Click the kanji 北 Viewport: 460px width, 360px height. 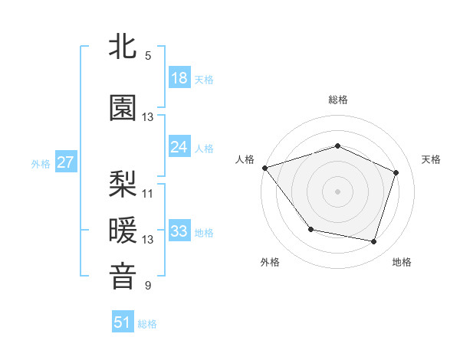(123, 47)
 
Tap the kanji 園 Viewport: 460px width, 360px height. (123, 108)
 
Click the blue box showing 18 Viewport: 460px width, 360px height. (179, 78)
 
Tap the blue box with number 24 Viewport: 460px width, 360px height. (179, 147)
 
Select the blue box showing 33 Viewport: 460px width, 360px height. (179, 231)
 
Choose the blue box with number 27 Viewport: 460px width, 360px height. (65, 162)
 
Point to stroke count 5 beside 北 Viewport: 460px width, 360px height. (148, 56)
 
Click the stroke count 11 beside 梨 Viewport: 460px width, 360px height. (148, 193)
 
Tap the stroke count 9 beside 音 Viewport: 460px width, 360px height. (148, 286)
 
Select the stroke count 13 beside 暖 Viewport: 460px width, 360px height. (148, 240)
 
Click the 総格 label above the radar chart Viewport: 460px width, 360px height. (338, 100)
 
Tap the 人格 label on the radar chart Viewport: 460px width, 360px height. (245, 159)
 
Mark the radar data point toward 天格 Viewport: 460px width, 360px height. (396, 172)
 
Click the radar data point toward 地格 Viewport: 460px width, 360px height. (373, 241)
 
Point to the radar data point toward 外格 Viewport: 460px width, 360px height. (310, 229)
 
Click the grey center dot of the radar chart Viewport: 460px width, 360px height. (338, 191)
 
